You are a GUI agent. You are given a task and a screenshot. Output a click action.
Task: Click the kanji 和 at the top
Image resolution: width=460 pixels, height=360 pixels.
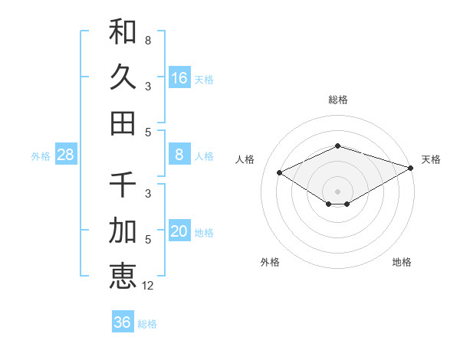(x=123, y=31)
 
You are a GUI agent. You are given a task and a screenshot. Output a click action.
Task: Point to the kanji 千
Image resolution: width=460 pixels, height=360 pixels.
(x=123, y=185)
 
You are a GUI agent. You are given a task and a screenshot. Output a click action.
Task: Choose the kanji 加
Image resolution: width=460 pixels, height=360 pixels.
(x=123, y=230)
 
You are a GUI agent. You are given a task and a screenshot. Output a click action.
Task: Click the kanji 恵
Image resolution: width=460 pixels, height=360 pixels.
(x=123, y=276)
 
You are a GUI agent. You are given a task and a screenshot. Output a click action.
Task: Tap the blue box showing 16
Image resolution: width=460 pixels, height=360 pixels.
(x=179, y=77)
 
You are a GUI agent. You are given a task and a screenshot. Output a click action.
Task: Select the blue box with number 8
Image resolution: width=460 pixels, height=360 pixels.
(x=179, y=155)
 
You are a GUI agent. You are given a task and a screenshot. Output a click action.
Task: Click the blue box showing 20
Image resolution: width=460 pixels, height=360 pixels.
(x=179, y=231)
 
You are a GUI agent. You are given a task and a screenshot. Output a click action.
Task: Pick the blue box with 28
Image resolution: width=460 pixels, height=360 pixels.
(x=66, y=155)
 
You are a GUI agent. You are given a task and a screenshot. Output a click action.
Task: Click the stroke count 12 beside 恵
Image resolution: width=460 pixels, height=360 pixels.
(x=148, y=286)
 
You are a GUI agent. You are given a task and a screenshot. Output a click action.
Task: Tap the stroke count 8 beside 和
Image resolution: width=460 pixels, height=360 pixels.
(x=147, y=40)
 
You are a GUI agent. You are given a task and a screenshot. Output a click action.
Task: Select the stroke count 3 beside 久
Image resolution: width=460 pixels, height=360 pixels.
(x=147, y=86)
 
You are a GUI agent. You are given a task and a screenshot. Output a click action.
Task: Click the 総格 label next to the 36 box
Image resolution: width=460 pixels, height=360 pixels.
(x=147, y=324)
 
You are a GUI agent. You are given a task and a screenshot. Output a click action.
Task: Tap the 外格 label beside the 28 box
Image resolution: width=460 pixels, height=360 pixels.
(x=41, y=156)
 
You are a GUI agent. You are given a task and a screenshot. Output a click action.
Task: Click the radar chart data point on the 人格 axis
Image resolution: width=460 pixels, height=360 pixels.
(x=280, y=173)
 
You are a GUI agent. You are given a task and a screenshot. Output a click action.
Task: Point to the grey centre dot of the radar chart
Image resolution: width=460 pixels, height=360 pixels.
(x=337, y=191)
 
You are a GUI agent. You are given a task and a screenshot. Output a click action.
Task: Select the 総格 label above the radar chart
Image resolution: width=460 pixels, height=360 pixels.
(x=337, y=100)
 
